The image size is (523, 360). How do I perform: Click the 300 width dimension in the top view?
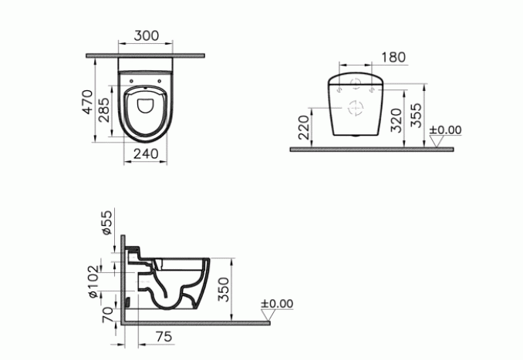[147, 35]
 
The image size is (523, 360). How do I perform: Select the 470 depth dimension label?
[88, 102]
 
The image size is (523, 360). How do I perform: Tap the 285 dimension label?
[103, 110]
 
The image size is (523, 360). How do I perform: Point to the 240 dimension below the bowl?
[146, 153]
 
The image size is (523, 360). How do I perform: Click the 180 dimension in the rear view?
[393, 57]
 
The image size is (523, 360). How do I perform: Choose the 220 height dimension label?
[304, 127]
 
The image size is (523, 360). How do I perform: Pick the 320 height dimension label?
[396, 120]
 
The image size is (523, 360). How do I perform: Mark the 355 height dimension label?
[416, 116]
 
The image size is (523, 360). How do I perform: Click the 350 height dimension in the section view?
[224, 289]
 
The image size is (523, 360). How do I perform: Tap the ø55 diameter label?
[107, 223]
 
